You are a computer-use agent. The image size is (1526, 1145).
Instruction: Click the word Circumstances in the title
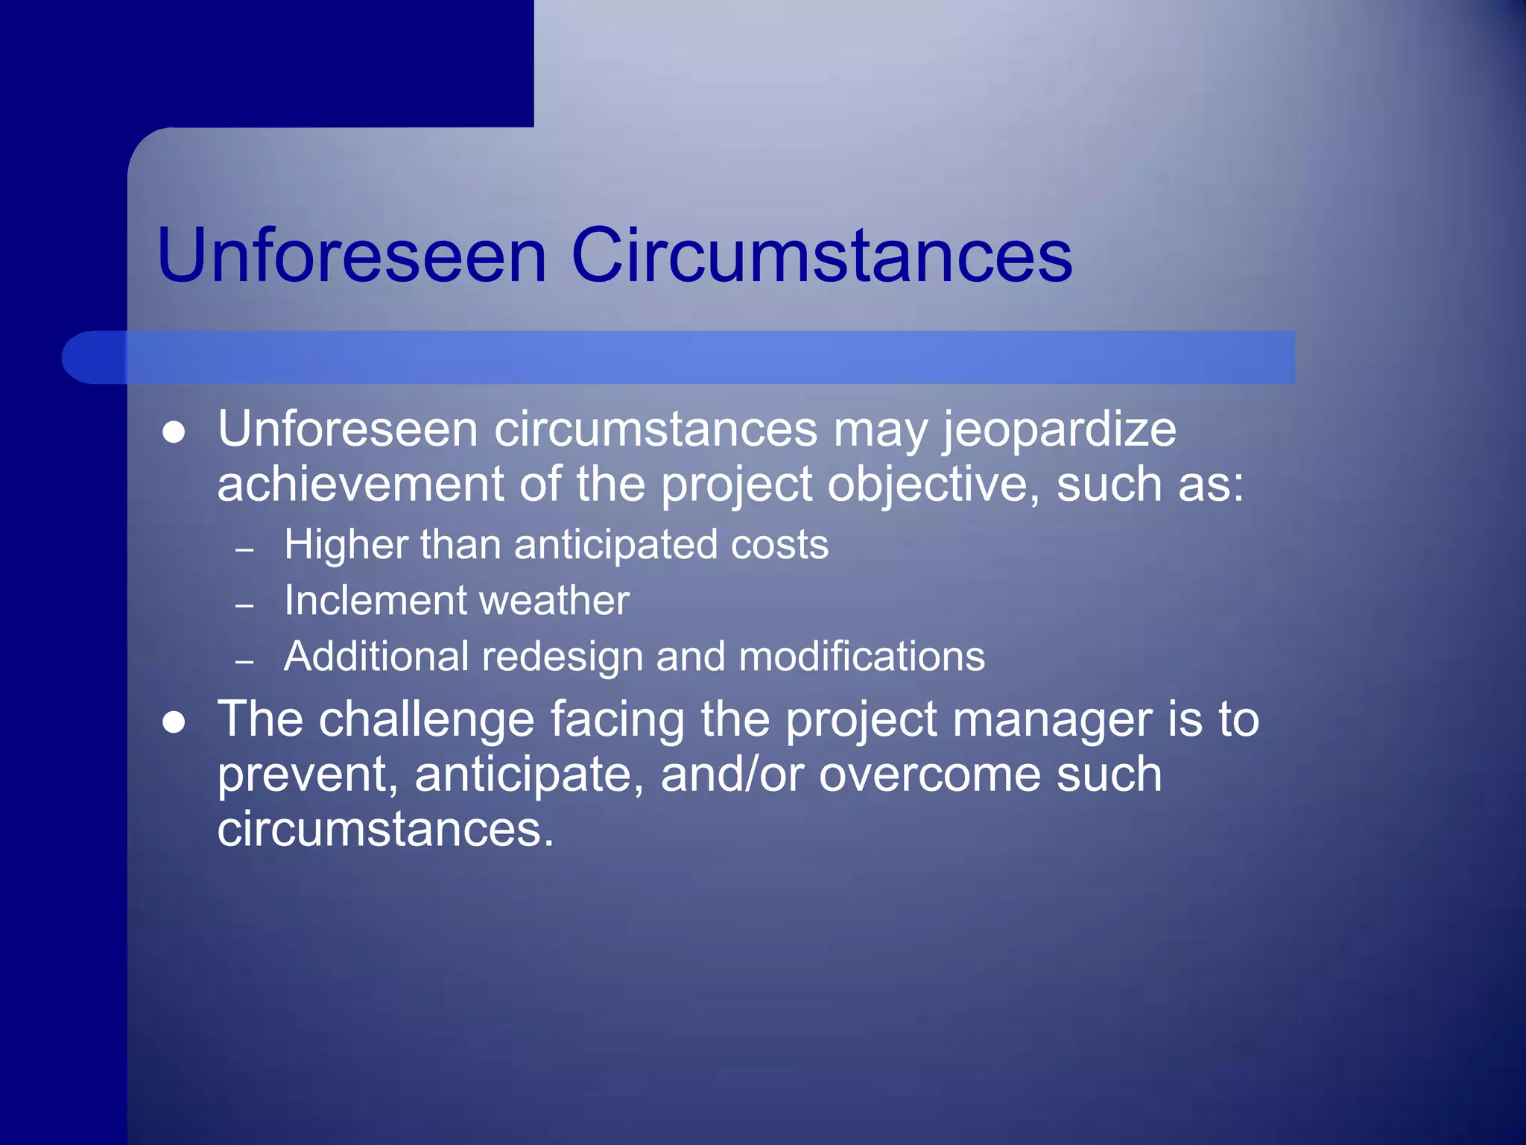[821, 256]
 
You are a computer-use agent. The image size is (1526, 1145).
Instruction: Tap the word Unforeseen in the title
[352, 256]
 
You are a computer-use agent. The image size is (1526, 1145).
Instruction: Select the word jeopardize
[1060, 431]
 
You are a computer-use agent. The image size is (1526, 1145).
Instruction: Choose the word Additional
[376, 656]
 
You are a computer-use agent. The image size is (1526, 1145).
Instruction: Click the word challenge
[427, 720]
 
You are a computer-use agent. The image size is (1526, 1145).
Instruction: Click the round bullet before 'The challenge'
[174, 722]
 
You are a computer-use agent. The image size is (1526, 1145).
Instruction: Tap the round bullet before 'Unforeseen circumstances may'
[174, 432]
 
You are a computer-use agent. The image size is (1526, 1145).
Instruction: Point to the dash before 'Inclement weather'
[244, 605]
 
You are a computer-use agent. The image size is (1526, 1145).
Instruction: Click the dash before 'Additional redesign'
[244, 661]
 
